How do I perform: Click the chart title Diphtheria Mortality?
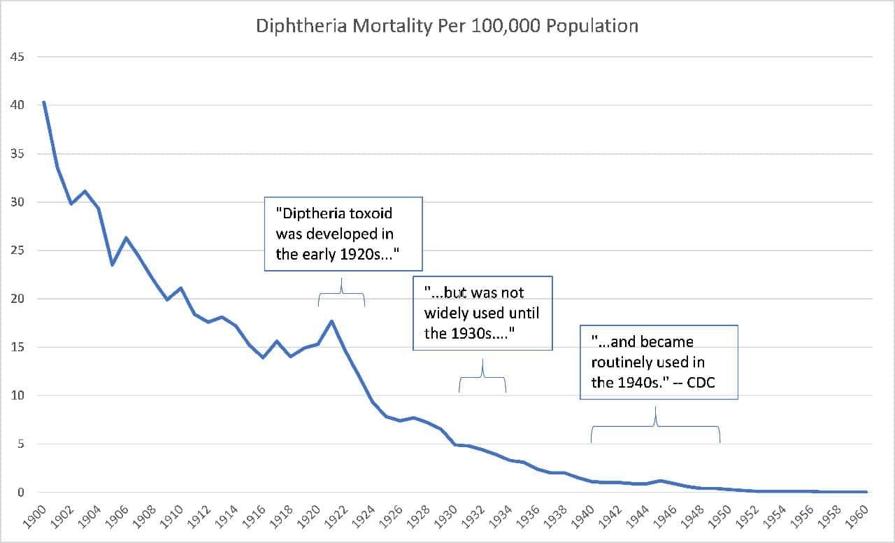[447, 26]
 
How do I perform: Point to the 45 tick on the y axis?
[17, 57]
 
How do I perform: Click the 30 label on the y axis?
[17, 202]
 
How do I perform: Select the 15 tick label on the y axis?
[17, 347]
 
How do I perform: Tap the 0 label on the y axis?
[21, 493]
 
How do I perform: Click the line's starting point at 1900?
[43, 102]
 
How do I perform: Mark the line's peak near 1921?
[331, 321]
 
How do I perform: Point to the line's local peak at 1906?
[126, 238]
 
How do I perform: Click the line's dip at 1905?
[112, 265]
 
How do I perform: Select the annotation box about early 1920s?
[343, 234]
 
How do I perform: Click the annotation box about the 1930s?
[482, 313]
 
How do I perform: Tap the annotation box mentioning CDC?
[659, 362]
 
